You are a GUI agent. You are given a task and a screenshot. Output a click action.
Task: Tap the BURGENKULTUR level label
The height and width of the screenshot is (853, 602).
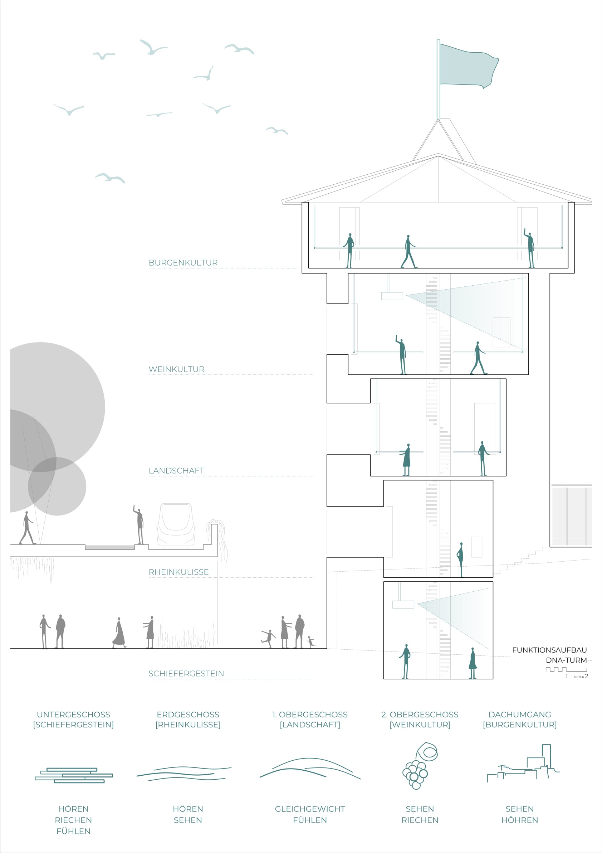[x=183, y=263]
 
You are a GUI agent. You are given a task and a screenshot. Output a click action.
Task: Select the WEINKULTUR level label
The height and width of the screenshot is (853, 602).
[x=176, y=369]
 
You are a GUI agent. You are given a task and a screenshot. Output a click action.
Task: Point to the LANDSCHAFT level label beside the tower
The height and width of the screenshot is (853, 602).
[x=176, y=471]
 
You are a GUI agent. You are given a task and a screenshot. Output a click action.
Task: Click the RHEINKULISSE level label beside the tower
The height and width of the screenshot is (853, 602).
[x=178, y=572]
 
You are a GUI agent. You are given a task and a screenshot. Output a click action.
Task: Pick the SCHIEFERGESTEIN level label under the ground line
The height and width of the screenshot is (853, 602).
[x=186, y=674]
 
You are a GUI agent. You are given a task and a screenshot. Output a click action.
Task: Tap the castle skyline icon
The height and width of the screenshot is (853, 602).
[x=523, y=764]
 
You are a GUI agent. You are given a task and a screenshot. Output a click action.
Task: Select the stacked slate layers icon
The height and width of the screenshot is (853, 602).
[x=74, y=775]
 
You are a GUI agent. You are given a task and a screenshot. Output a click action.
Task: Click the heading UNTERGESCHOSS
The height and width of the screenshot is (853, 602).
[x=73, y=715]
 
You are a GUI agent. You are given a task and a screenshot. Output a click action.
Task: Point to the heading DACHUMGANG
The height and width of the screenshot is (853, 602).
[x=520, y=715]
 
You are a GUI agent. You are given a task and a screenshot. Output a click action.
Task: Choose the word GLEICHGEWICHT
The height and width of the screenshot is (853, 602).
[x=310, y=809]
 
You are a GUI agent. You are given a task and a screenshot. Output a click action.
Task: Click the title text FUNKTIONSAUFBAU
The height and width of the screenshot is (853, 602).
[x=549, y=650]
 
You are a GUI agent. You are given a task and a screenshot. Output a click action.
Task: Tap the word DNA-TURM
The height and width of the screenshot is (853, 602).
[x=566, y=660]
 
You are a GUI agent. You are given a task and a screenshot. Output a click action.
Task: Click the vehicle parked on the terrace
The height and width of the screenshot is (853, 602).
[x=176, y=525]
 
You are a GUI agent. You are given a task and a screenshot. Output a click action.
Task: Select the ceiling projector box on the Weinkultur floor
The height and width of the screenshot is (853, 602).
[x=392, y=296]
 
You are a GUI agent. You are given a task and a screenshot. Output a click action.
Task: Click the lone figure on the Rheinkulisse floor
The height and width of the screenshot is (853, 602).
[x=461, y=560]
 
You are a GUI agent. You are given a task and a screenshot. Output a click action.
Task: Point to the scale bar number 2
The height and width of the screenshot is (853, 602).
[x=586, y=677]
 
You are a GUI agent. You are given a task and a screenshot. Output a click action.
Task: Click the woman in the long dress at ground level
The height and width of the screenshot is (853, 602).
[x=119, y=633]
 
